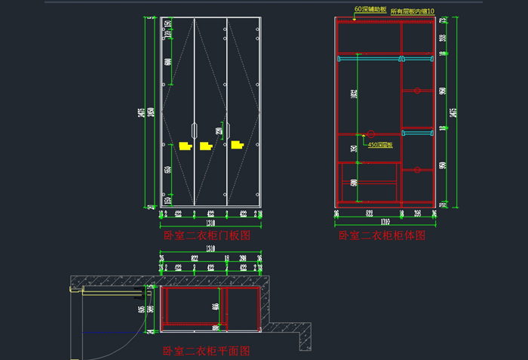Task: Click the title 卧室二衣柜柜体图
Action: click(382, 236)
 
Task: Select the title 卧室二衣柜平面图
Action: click(207, 351)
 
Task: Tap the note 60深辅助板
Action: click(370, 10)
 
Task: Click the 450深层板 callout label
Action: click(380, 145)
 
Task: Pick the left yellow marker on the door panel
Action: click(185, 146)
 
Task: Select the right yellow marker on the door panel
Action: click(238, 143)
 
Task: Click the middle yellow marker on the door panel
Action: click(205, 147)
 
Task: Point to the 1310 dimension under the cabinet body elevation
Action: click(385, 223)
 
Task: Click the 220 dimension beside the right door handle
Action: click(219, 133)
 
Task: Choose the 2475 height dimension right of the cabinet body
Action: click(453, 113)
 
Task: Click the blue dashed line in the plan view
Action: click(113, 333)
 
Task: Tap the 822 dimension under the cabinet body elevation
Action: click(369, 214)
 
